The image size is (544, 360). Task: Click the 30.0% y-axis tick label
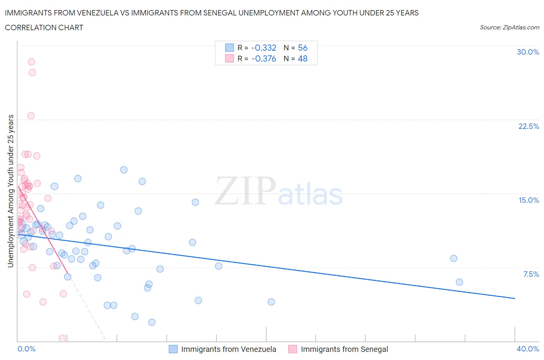528,52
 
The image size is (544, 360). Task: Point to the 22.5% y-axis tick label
529,126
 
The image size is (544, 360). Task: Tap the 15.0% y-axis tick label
529,200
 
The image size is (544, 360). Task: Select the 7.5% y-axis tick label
531,274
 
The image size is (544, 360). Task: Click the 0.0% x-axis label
26,349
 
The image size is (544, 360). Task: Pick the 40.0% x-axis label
528,349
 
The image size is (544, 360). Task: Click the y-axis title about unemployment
11,191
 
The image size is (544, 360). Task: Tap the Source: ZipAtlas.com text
509,27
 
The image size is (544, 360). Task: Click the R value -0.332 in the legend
263,48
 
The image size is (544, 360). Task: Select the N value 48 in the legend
303,58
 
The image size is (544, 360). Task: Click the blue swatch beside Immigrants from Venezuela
173,349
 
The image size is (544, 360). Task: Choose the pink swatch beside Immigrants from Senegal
293,349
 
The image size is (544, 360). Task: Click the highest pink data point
31,62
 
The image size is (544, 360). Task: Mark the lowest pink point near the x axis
62,338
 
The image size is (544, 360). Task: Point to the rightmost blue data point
459,282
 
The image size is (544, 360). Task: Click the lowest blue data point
152,322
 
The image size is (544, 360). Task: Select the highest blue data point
124,170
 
